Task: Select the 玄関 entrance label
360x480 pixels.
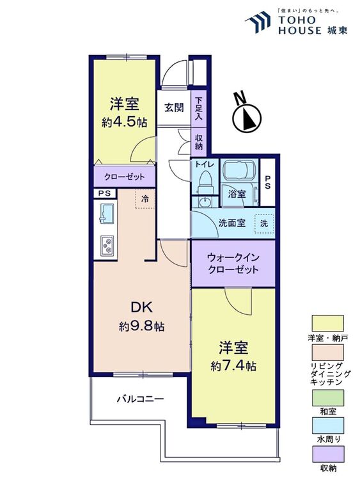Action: [x=173, y=107]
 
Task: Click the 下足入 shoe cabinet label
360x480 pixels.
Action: [x=199, y=109]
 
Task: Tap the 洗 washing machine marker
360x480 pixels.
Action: [x=263, y=223]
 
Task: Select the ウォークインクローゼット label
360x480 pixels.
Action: [x=233, y=263]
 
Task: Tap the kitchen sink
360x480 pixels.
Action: [x=107, y=214]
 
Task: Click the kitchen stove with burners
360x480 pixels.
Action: [x=106, y=245]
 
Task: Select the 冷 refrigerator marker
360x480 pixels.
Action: [x=145, y=199]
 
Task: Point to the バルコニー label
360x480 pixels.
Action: [x=140, y=399]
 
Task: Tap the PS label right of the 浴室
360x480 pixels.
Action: [x=268, y=182]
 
